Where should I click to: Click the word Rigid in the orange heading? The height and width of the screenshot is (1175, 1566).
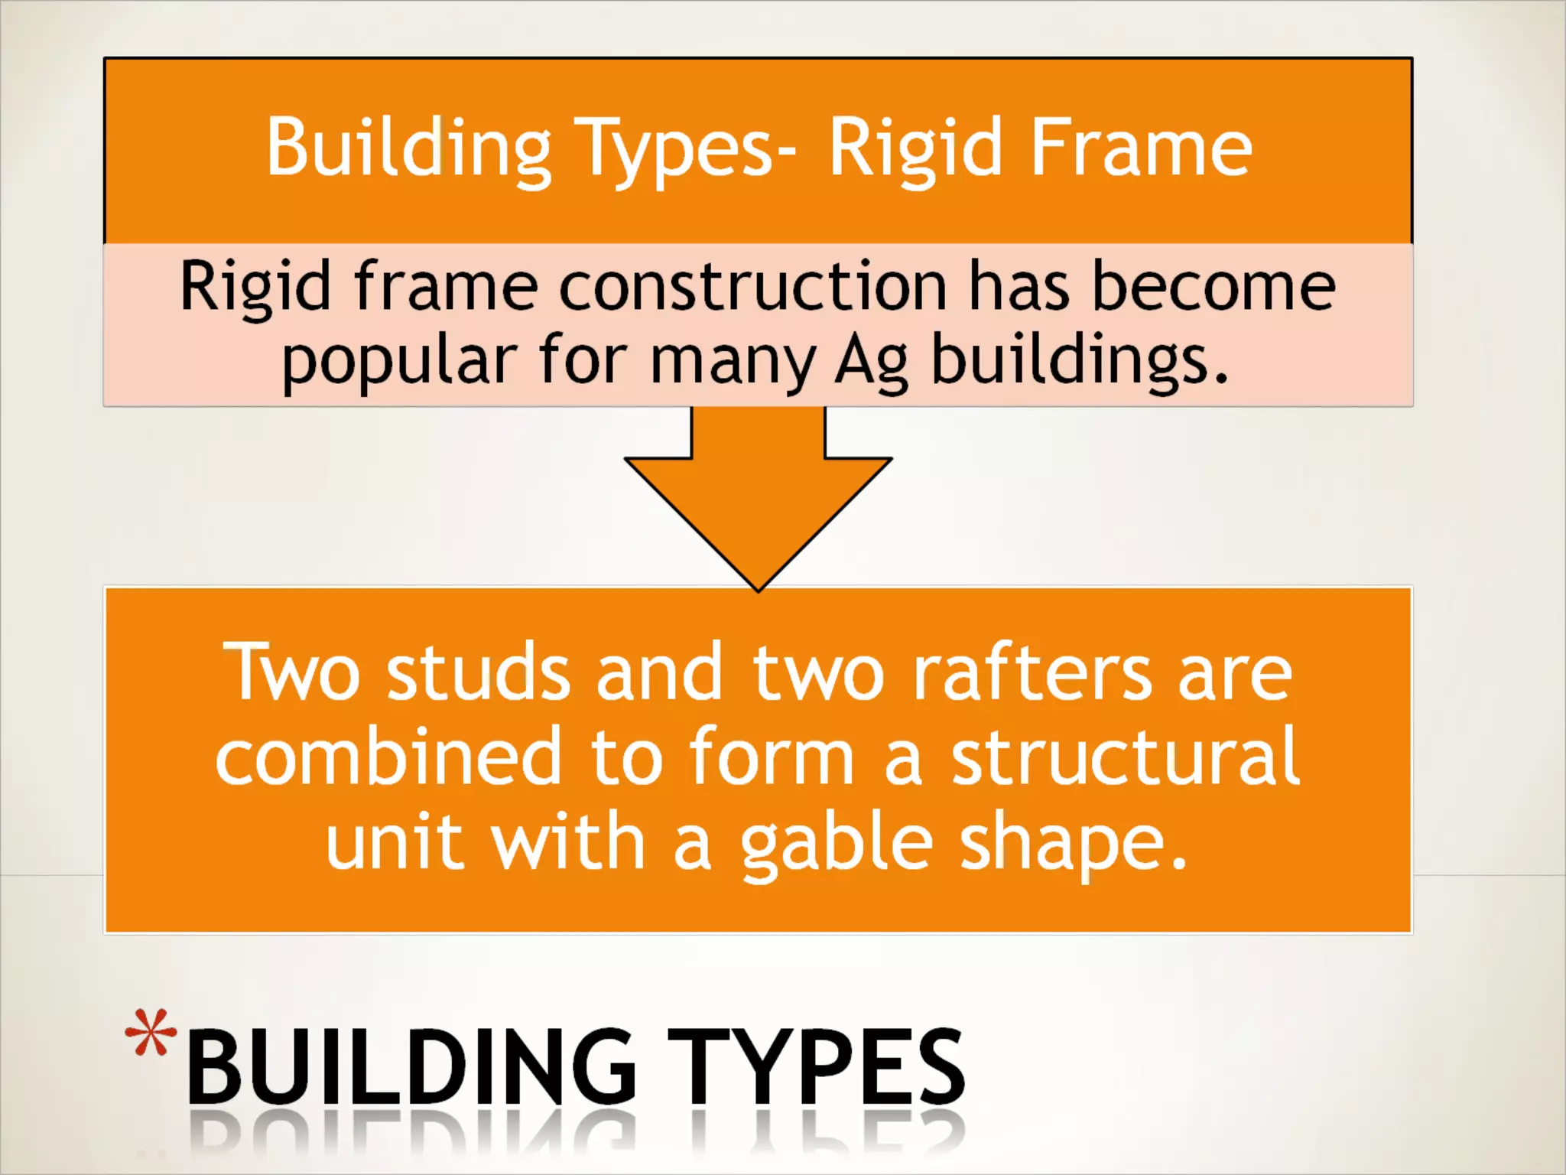point(915,148)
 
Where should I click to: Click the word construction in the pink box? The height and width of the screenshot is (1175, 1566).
point(753,286)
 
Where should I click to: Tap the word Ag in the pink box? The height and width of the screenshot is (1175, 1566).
point(871,361)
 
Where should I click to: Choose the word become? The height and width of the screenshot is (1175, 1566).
point(1213,286)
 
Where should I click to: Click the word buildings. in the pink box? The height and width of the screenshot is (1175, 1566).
point(1079,361)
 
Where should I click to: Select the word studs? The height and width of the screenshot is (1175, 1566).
point(479,672)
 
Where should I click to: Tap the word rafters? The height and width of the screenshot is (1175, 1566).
point(1032,672)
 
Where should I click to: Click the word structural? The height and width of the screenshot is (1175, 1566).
point(1125,757)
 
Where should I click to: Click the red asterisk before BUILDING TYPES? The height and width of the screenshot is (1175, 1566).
point(151,1033)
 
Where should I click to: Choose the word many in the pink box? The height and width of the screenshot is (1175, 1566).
point(732,361)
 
